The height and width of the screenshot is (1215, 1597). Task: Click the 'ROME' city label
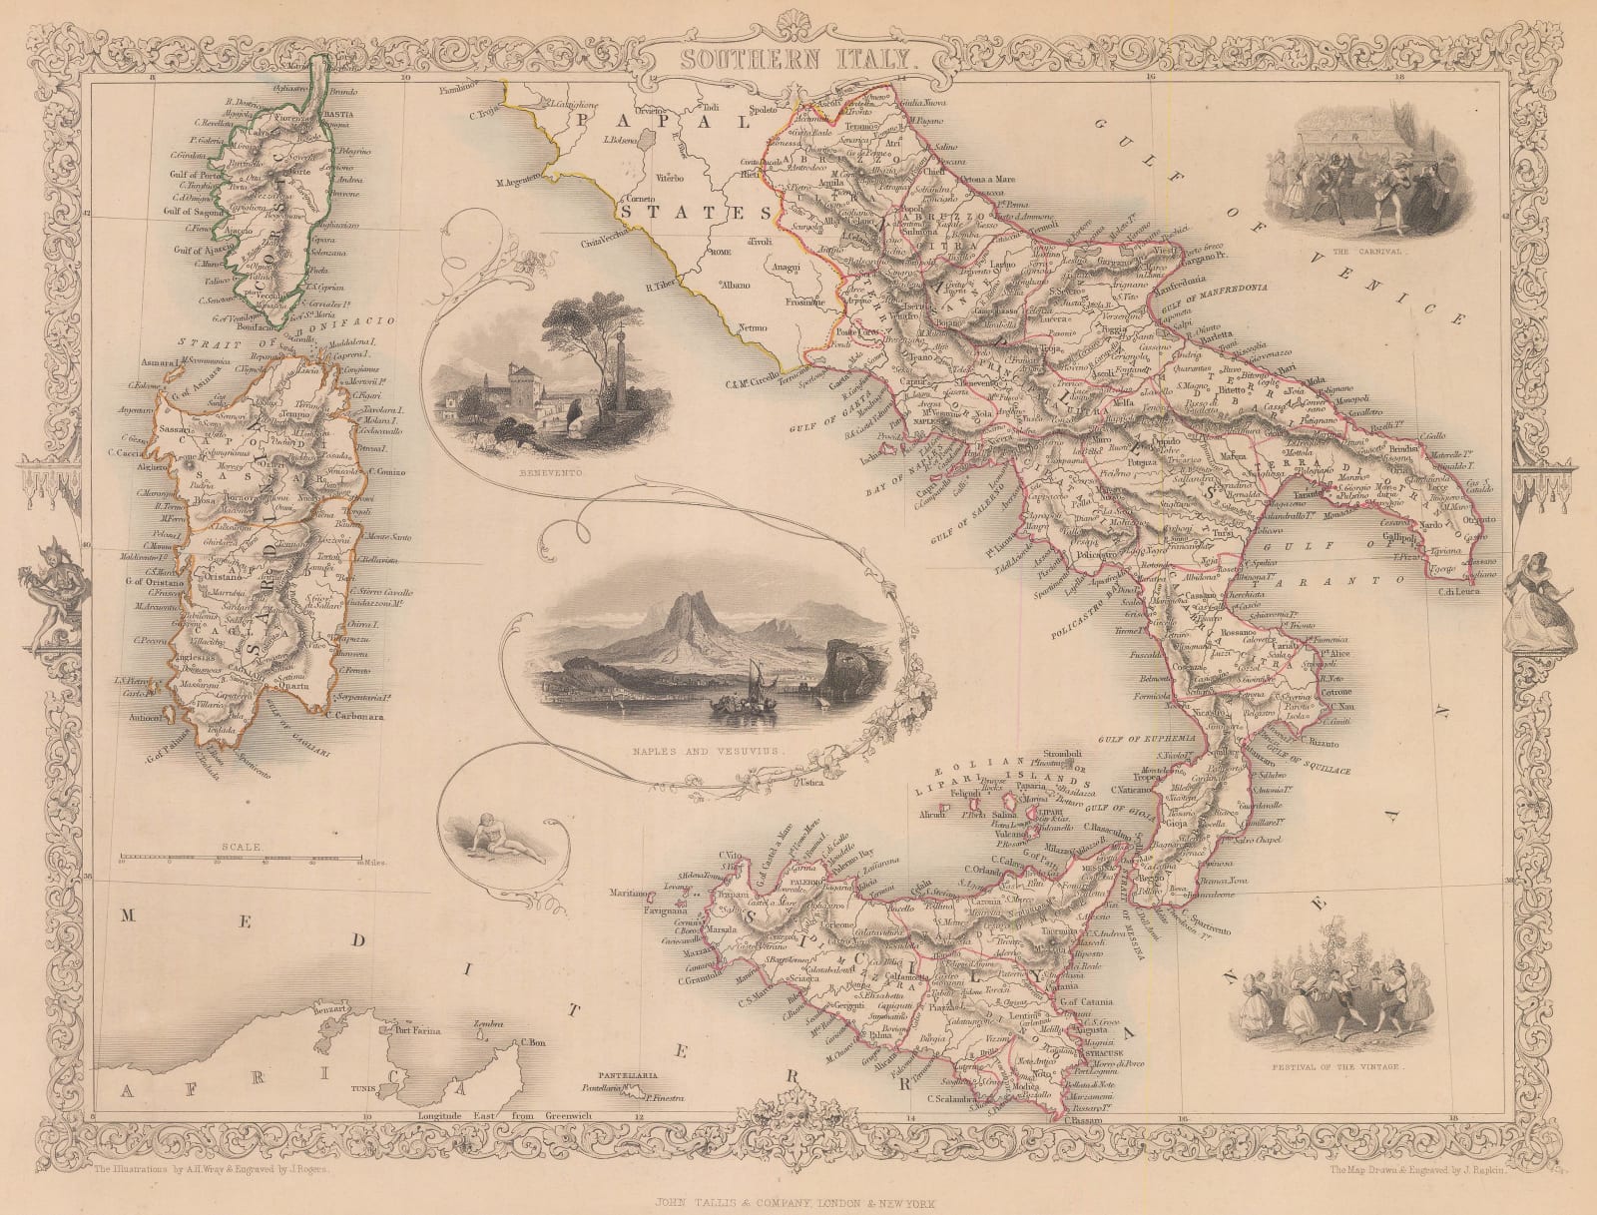coord(721,252)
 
